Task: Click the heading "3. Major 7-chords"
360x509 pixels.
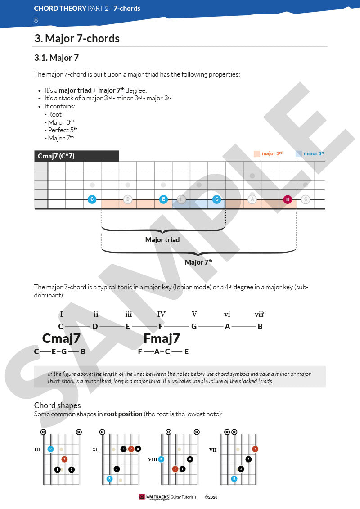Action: click(x=77, y=39)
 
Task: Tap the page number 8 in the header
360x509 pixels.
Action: click(x=36, y=20)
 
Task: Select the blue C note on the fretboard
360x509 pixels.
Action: click(x=92, y=199)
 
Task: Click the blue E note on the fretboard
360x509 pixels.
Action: click(x=163, y=199)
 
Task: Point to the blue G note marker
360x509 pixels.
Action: click(x=216, y=199)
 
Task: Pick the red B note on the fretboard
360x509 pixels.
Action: click(x=288, y=199)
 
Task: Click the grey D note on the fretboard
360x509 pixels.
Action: click(x=128, y=199)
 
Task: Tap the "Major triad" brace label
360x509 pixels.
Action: click(x=162, y=240)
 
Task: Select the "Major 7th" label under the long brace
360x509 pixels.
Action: click(x=198, y=262)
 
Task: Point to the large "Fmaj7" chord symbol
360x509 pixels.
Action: click(x=162, y=338)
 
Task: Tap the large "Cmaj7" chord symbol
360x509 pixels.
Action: click(x=61, y=338)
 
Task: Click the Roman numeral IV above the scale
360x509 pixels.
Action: click(x=161, y=314)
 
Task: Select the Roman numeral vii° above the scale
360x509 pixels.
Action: click(x=260, y=314)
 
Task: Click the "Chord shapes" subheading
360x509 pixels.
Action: click(x=57, y=405)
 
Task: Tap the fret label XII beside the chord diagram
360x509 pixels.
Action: click(x=96, y=449)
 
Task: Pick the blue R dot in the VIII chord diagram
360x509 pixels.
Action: click(x=161, y=459)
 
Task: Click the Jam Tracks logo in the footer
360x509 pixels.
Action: click(x=154, y=497)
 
